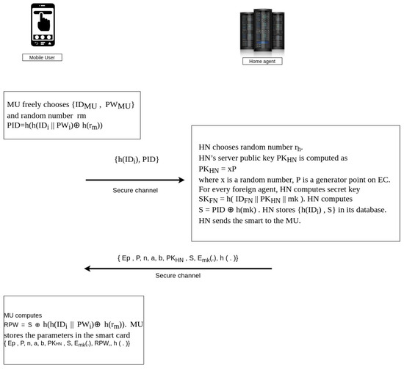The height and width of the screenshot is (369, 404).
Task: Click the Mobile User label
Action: point(41,56)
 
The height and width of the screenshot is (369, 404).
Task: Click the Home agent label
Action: point(262,61)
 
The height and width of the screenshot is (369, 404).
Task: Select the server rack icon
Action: point(262,29)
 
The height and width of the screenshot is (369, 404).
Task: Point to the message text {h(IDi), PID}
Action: point(137,159)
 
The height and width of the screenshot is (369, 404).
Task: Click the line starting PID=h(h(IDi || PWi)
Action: point(55,127)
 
